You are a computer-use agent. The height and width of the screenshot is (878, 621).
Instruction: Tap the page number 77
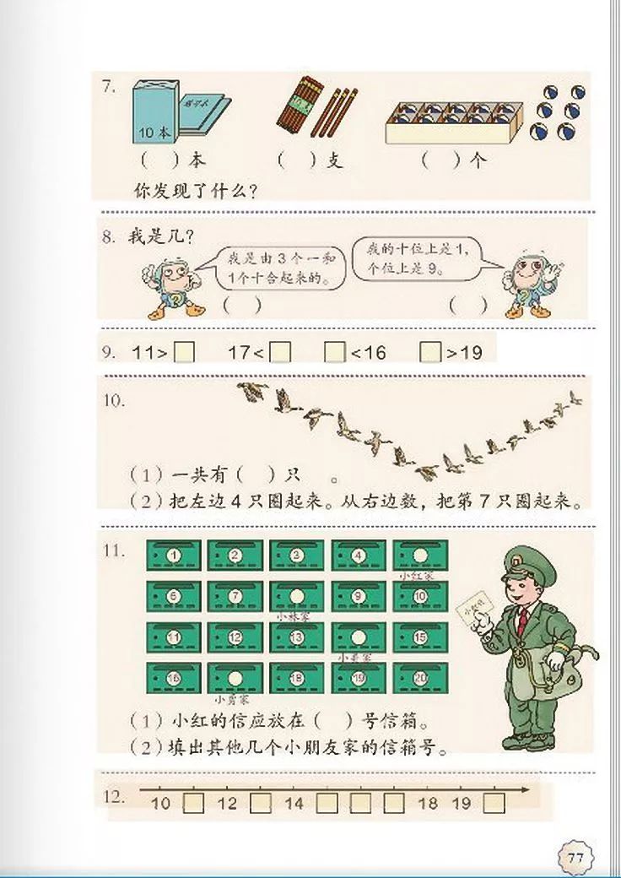576,858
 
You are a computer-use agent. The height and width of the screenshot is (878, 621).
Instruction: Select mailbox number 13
296,637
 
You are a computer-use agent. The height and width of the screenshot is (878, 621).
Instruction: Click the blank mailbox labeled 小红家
420,555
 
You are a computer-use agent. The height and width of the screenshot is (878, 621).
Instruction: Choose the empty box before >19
430,352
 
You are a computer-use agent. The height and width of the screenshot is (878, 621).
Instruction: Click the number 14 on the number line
294,803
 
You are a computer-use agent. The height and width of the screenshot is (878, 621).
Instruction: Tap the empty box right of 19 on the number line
494,803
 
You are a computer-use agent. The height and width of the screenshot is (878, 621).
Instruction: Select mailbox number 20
420,677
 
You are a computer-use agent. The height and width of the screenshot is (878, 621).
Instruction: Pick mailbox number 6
173,596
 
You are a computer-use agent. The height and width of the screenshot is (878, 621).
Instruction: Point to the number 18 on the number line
428,803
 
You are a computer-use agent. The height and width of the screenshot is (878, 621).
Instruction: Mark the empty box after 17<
281,352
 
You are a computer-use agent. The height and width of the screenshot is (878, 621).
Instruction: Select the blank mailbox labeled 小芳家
235,677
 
